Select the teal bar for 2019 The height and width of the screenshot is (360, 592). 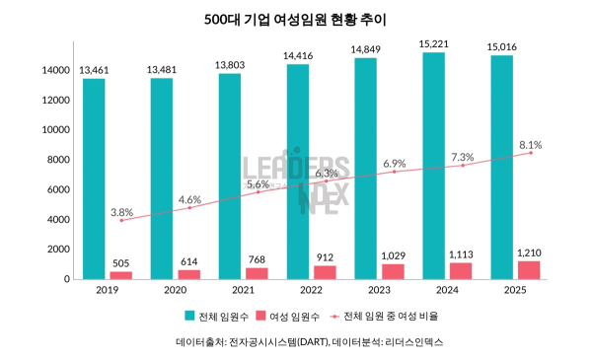tap(94, 178)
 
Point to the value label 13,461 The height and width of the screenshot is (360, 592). tap(94, 69)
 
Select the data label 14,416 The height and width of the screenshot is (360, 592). tap(297, 55)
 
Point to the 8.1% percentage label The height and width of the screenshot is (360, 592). tap(530, 144)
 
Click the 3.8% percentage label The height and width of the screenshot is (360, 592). tap(121, 211)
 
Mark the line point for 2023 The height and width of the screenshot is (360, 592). tap(394, 172)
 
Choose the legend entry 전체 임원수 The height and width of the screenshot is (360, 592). tap(214, 317)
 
